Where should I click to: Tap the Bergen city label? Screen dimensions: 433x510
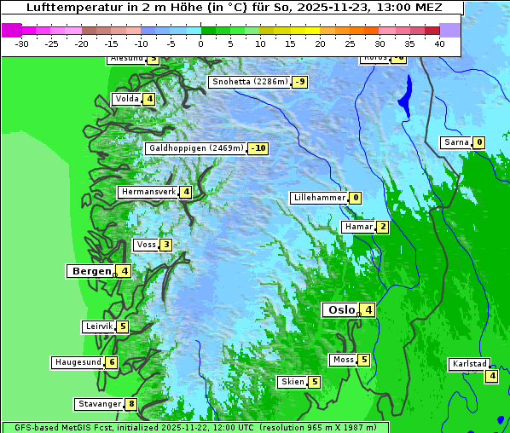click(90, 271)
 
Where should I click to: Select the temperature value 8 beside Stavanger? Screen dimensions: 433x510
click(131, 404)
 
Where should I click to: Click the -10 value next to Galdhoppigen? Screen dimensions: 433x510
click(258, 148)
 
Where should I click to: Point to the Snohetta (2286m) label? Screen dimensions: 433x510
click(249, 82)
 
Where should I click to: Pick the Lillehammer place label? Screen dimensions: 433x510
click(319, 198)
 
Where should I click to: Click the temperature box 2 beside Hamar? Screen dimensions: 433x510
click(383, 227)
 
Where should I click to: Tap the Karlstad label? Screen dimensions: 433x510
click(469, 364)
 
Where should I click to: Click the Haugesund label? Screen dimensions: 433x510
click(78, 362)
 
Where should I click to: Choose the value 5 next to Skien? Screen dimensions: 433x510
click(314, 382)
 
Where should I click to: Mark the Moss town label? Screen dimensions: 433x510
click(343, 360)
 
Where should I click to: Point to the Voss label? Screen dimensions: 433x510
click(145, 245)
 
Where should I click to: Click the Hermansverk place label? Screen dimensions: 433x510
click(148, 193)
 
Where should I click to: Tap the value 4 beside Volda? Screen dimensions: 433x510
click(149, 100)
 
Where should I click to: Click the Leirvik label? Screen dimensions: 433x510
click(98, 326)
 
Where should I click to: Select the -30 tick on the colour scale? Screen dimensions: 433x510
click(22, 43)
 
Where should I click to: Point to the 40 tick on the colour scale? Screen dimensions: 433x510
click(439, 43)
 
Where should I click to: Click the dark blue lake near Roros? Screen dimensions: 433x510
click(404, 94)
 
